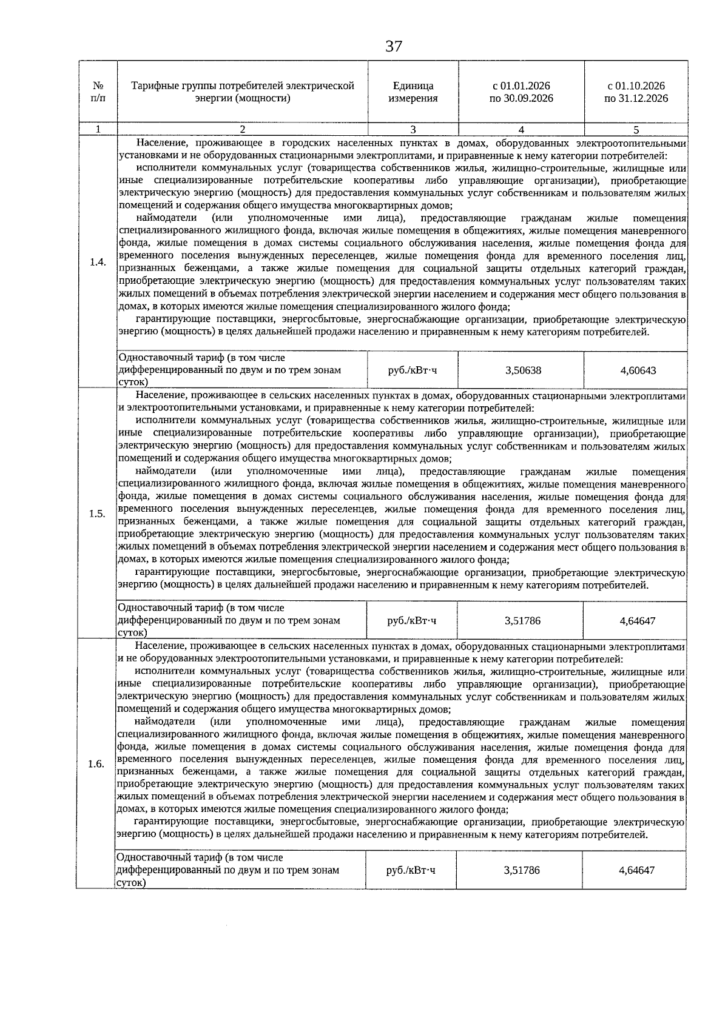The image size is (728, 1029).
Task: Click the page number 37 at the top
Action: pyautogui.click(x=394, y=46)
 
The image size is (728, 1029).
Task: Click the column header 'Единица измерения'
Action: pyautogui.click(x=413, y=92)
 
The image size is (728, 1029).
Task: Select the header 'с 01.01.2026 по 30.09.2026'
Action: pyautogui.click(x=521, y=92)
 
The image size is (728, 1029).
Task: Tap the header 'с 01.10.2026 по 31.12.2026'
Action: pyautogui.click(x=636, y=92)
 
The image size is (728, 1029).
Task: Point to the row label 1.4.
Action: pyautogui.click(x=97, y=262)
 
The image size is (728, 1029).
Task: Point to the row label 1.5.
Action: pyautogui.click(x=97, y=514)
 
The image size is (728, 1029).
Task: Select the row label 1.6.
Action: pyautogui.click(x=96, y=764)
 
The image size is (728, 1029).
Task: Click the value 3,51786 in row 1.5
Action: pyautogui.click(x=522, y=621)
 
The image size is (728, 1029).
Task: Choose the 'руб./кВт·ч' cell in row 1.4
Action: pyautogui.click(x=413, y=370)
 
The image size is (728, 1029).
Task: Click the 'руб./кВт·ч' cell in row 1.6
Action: pyautogui.click(x=411, y=871)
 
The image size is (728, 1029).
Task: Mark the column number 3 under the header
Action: pyautogui.click(x=413, y=129)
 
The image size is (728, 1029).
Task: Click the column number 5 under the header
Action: pyautogui.click(x=636, y=129)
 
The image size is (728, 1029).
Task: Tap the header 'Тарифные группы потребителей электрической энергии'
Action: pyautogui.click(x=243, y=92)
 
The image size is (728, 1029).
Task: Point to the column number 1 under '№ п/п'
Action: pyautogui.click(x=97, y=129)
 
